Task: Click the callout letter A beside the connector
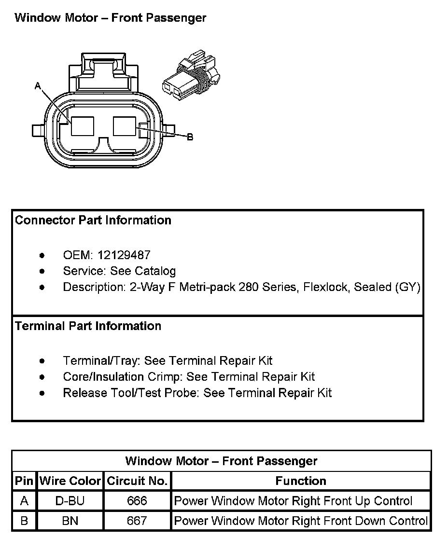point(38,86)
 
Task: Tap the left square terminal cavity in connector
point(83,126)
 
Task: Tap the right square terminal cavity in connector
point(125,126)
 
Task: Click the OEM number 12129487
point(124,255)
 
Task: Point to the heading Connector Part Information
point(93,221)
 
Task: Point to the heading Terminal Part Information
point(88,326)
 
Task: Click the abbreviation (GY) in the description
point(407,287)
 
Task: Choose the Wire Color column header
point(70,481)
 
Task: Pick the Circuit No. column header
point(137,481)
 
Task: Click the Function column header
point(301,481)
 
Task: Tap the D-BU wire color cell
point(70,501)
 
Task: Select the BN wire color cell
point(70,521)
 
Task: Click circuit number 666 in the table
point(137,501)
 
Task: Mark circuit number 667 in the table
point(137,521)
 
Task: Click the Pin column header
point(24,481)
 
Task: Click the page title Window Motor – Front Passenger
point(111,18)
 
